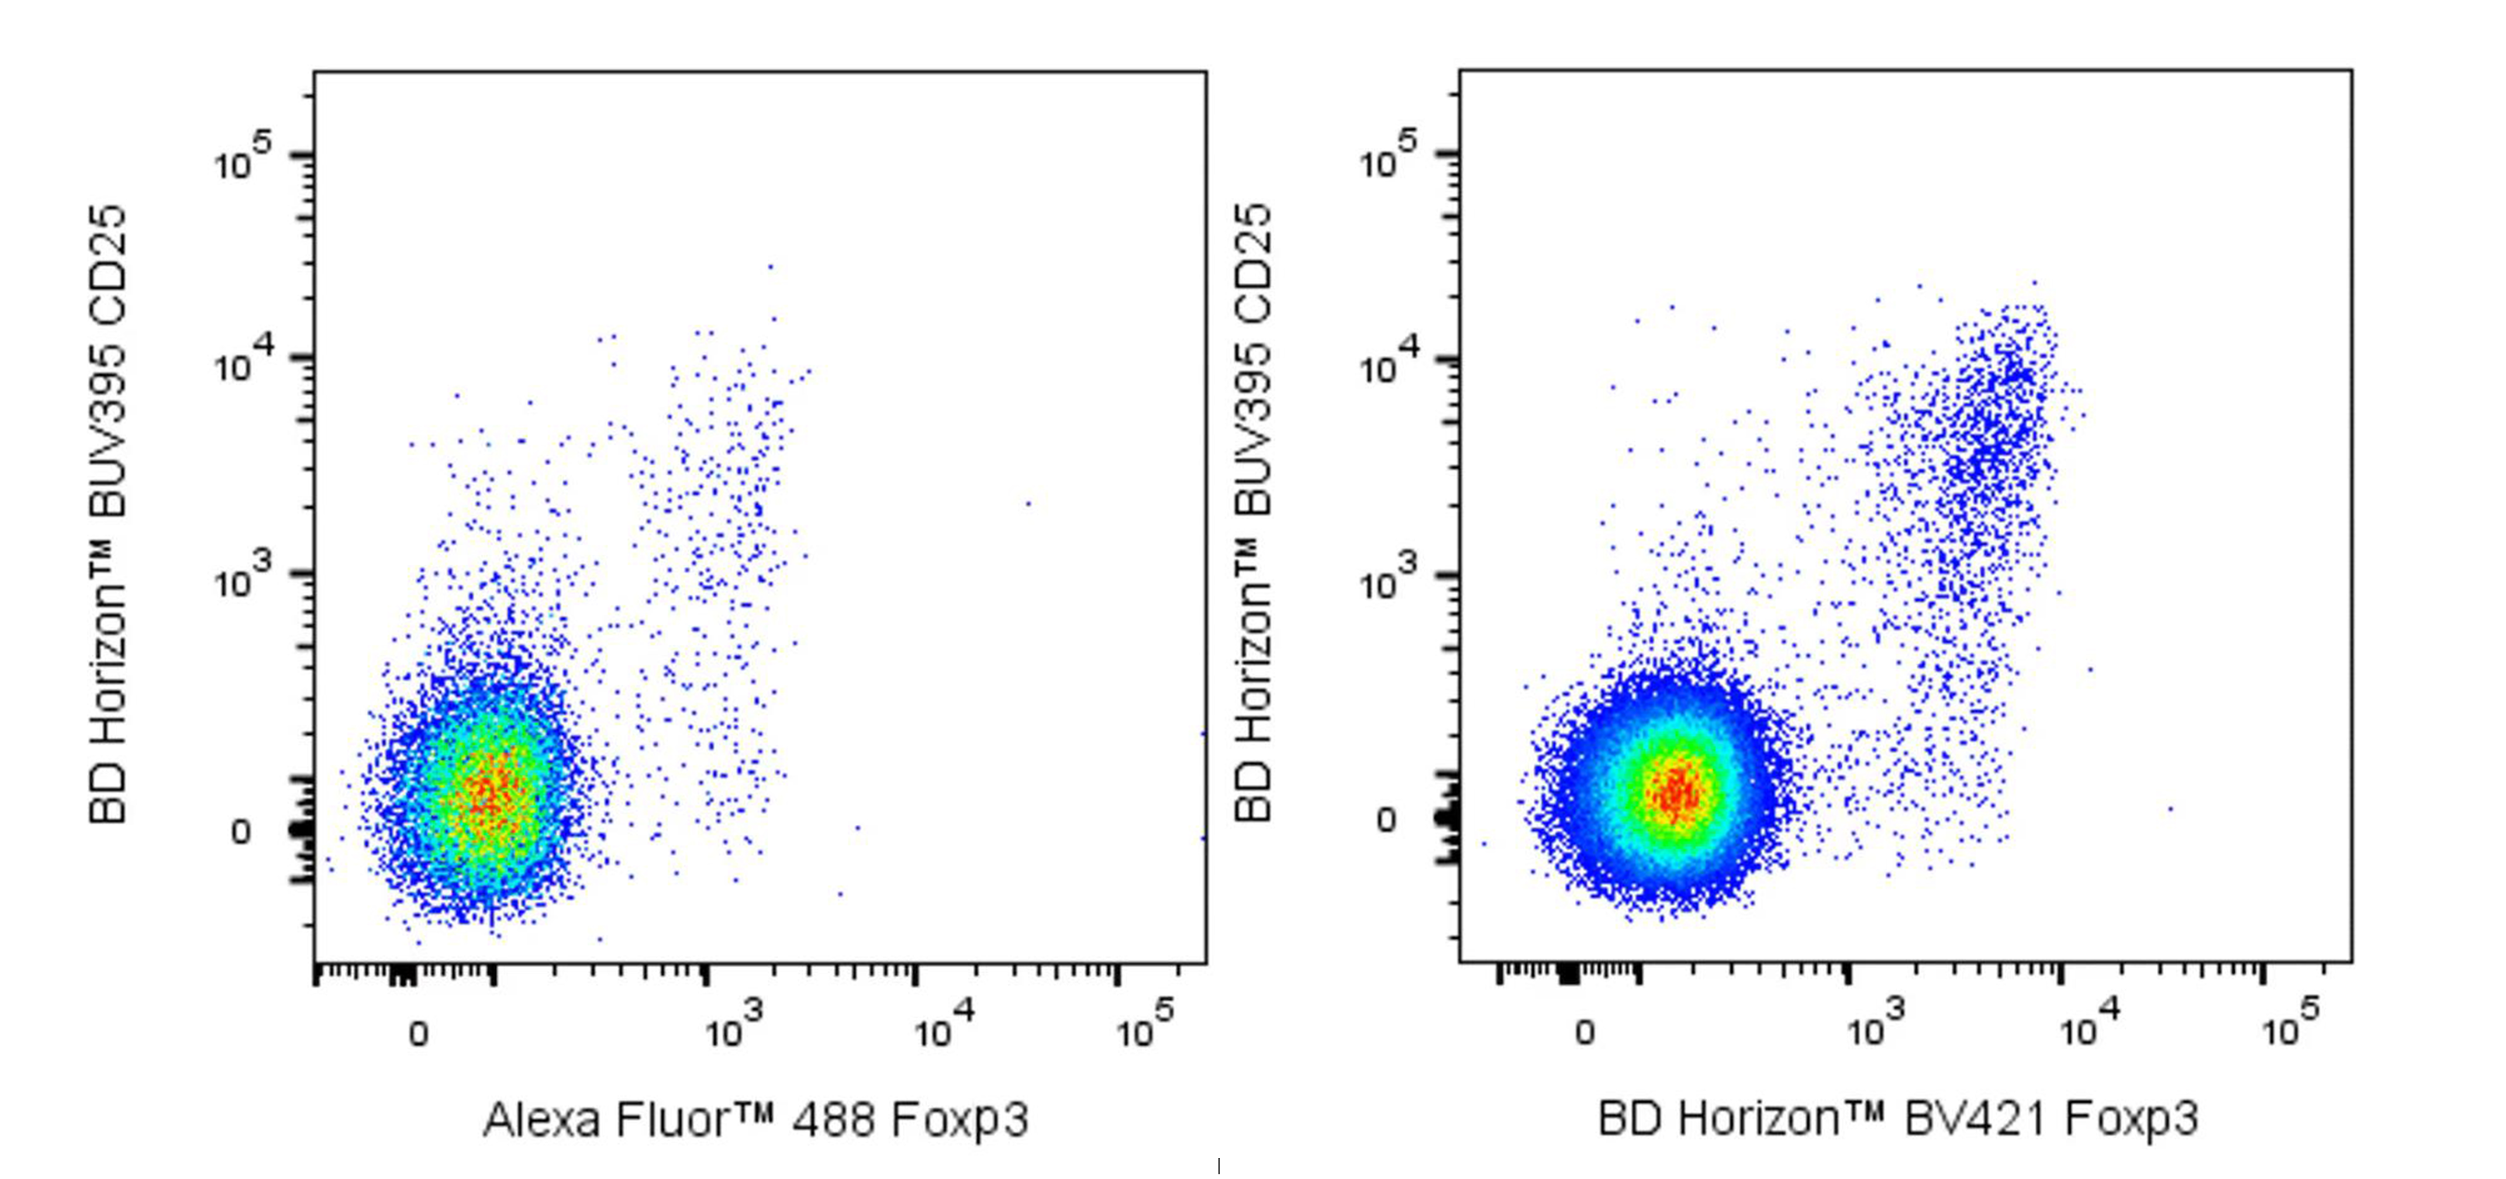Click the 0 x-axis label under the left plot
pyautogui.click(x=418, y=1033)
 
